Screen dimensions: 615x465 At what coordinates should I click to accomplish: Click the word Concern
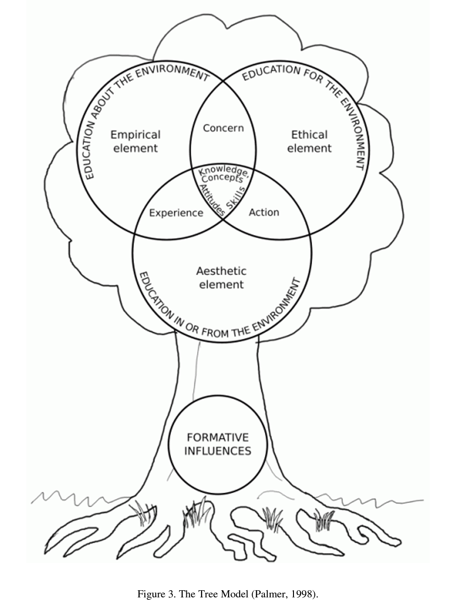(x=223, y=128)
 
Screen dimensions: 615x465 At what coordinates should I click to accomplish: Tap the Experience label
(x=176, y=213)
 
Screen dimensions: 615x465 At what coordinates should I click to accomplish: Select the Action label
(x=264, y=212)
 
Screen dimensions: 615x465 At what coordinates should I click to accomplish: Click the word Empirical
(x=135, y=135)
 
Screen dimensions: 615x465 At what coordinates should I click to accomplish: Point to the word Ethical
(x=309, y=135)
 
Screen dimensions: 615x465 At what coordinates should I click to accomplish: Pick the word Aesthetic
(x=221, y=271)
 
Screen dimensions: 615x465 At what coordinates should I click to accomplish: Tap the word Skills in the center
(x=235, y=198)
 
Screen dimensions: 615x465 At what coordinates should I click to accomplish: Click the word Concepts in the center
(x=222, y=179)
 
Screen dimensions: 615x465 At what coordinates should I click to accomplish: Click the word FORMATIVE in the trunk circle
(x=218, y=437)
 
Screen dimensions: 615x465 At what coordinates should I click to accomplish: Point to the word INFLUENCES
(x=218, y=451)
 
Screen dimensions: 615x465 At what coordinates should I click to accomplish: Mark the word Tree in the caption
(x=204, y=594)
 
